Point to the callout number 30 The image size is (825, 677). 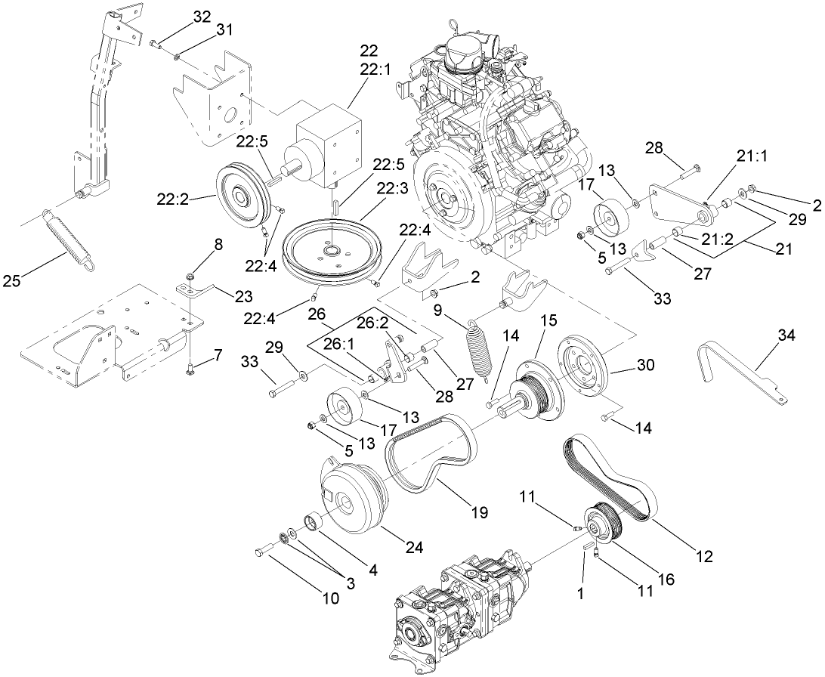click(644, 366)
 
